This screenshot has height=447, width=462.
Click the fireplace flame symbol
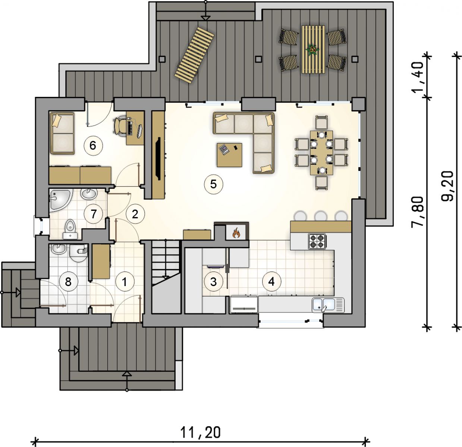click(236, 233)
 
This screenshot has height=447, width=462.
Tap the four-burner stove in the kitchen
click(317, 241)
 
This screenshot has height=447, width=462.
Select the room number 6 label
click(93, 145)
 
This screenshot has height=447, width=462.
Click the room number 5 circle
click(213, 184)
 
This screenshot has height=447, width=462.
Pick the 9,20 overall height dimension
click(447, 186)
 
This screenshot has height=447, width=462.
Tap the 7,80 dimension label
click(418, 212)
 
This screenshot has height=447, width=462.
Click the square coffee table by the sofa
click(230, 155)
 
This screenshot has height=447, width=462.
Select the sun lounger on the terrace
click(194, 55)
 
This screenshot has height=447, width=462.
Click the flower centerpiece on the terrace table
click(312, 50)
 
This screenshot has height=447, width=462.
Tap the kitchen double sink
click(328, 305)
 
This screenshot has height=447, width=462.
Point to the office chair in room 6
click(120, 127)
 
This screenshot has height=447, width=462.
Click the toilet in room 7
click(70, 229)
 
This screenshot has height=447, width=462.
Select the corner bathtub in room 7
click(60, 200)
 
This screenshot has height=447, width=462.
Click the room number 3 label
click(213, 282)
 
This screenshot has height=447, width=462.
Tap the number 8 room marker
click(68, 282)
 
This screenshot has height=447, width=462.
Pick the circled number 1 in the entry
click(125, 282)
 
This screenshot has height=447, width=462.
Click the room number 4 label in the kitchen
click(271, 281)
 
